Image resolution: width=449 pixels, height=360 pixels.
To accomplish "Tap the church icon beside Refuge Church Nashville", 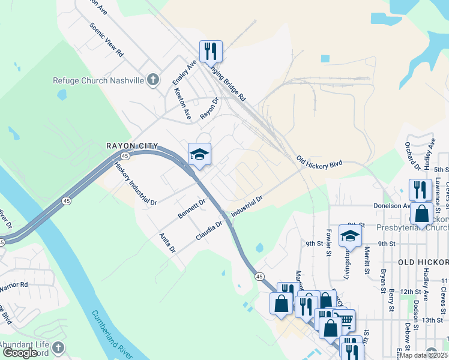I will click(x=153, y=80).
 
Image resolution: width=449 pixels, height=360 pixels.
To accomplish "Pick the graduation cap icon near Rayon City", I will click(x=199, y=155).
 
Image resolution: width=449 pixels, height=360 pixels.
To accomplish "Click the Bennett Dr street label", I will click(x=191, y=208).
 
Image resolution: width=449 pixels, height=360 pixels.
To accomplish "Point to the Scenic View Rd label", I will click(x=106, y=40).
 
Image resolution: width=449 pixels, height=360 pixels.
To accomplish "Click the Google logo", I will click(x=20, y=352).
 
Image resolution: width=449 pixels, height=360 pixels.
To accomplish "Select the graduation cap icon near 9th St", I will click(x=350, y=236).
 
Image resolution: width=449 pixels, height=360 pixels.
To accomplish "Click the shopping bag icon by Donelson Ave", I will click(x=422, y=214).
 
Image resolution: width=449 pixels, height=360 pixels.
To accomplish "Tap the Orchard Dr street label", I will click(x=412, y=155).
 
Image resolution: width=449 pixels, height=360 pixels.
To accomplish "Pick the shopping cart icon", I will click(x=344, y=320).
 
